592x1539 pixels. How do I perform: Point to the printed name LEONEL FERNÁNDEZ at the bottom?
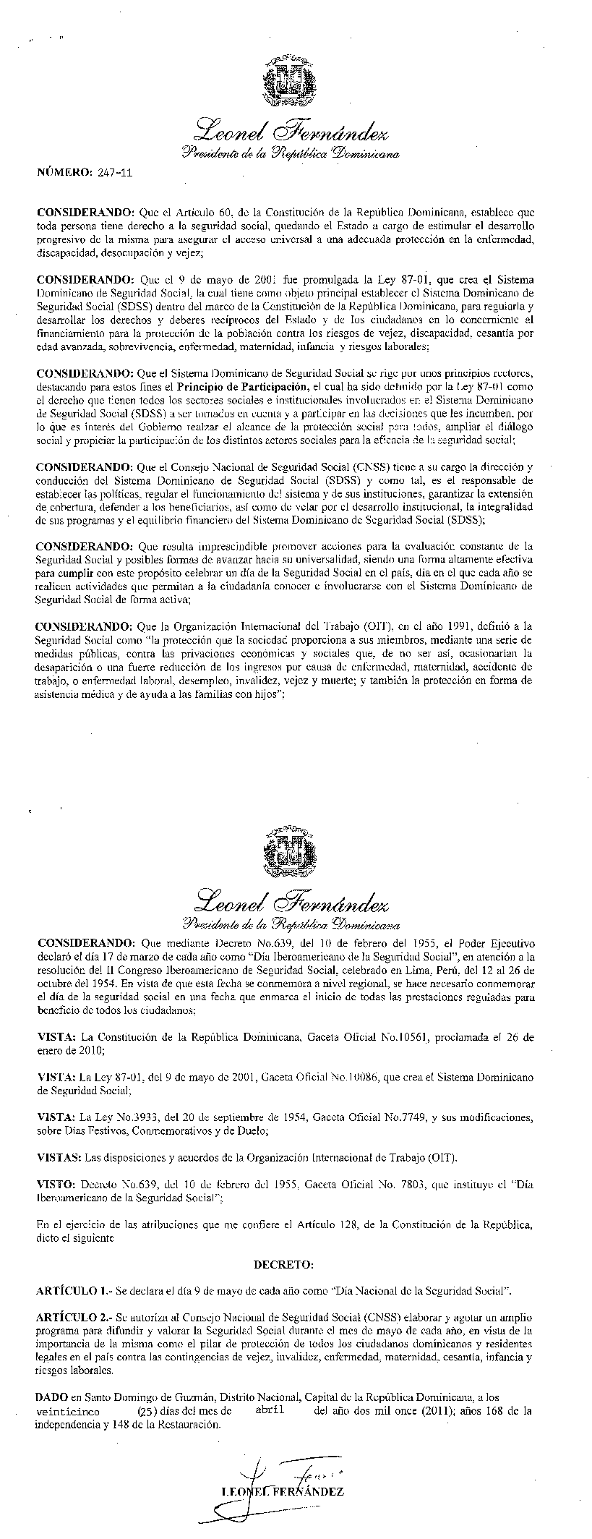283,1491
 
